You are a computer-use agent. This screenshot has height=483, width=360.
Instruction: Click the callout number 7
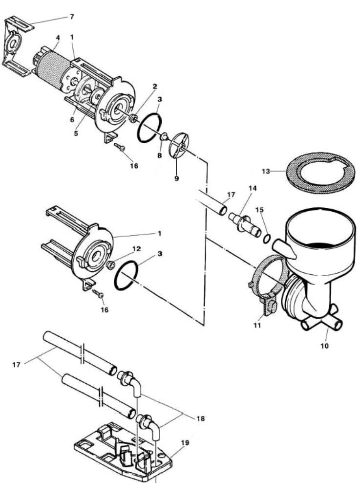click(x=72, y=17)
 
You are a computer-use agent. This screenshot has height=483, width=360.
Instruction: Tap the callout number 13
click(x=266, y=171)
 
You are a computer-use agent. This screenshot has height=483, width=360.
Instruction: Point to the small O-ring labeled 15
click(x=267, y=239)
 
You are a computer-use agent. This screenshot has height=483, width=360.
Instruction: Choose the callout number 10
click(x=325, y=346)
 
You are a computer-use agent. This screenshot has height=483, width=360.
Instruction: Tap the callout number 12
click(x=136, y=249)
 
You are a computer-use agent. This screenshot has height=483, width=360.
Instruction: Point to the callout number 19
click(x=185, y=443)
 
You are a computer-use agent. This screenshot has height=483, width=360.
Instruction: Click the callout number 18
click(x=200, y=418)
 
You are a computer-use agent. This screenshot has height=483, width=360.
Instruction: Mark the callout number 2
click(x=155, y=87)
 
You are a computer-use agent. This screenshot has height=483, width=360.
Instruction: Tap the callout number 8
click(x=159, y=155)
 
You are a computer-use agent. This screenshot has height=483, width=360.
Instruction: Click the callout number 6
click(x=72, y=120)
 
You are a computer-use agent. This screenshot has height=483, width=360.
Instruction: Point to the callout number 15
click(x=259, y=210)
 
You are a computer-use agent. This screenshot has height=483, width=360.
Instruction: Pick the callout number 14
click(x=253, y=188)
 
